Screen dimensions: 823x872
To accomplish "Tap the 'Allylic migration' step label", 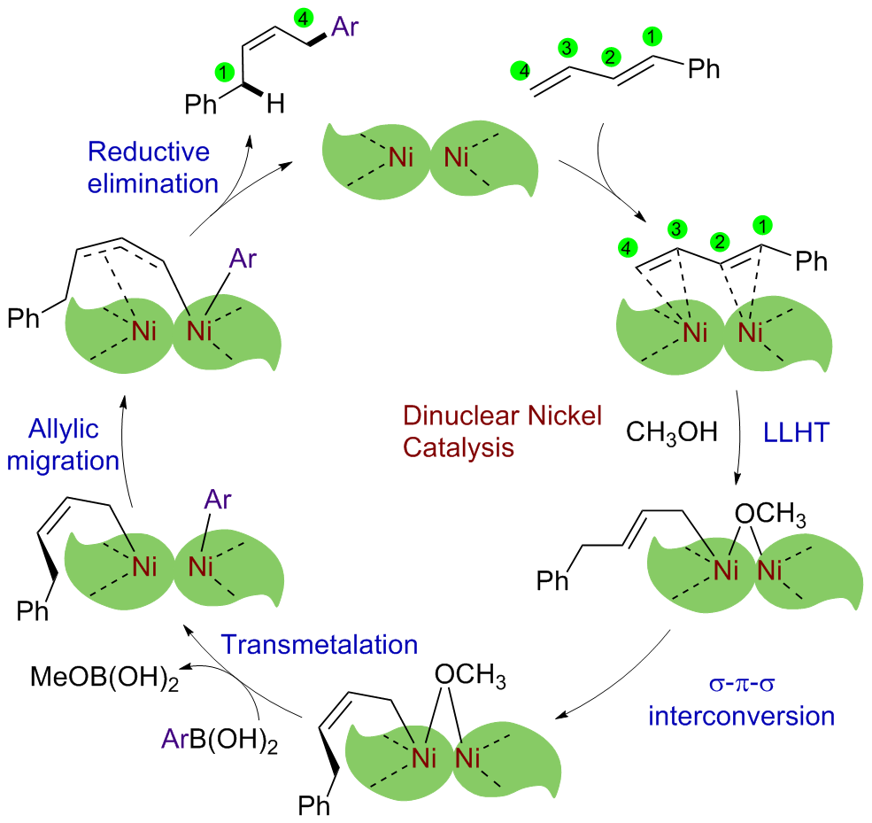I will [x=70, y=445].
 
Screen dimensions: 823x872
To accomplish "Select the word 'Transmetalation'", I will [x=320, y=644].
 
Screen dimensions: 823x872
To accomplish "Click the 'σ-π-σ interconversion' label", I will [x=742, y=699].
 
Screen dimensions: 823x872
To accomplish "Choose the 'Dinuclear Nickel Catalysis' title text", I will [x=502, y=431].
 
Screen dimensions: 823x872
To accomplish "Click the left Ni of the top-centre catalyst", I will [x=403, y=159].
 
